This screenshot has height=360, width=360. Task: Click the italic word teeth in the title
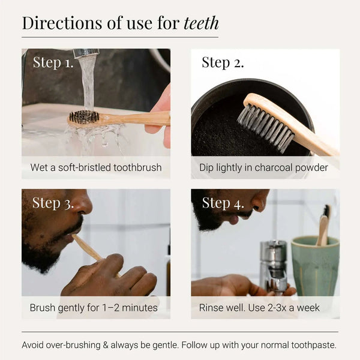click(x=201, y=23)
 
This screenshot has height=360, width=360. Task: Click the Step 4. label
click(x=223, y=203)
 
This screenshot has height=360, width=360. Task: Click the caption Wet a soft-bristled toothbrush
click(x=96, y=167)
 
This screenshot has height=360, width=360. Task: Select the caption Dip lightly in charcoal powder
click(x=264, y=167)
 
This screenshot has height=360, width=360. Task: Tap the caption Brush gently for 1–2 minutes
click(x=94, y=308)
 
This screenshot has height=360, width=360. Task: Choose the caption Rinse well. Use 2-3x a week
click(x=260, y=308)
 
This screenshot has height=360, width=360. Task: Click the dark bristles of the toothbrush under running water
click(x=84, y=116)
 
